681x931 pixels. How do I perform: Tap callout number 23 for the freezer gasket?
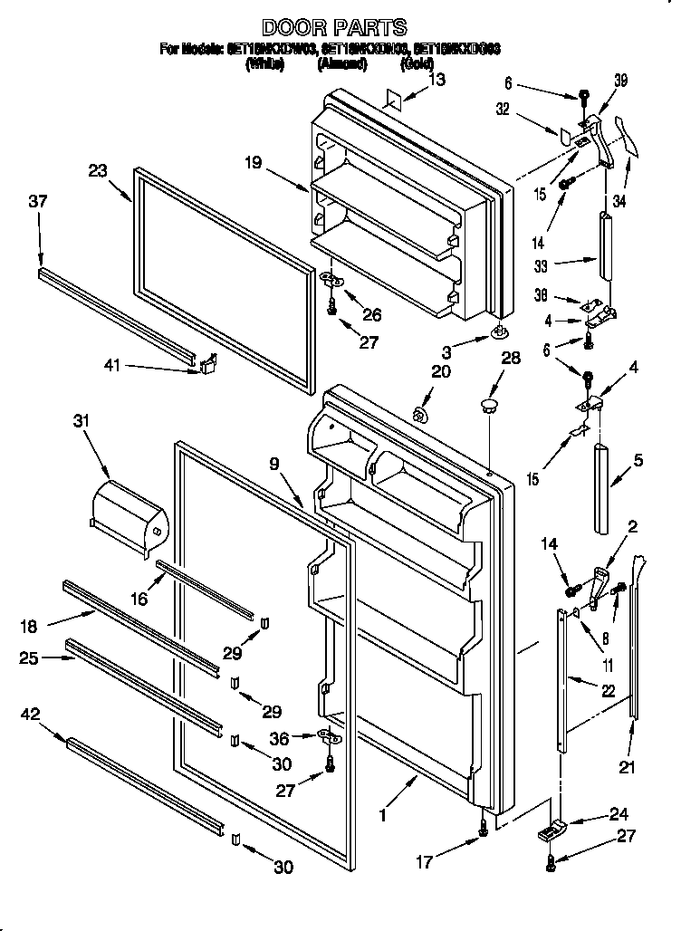pos(98,169)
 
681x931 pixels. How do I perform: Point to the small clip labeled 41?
pos(207,363)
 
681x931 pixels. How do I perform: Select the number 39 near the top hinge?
pos(619,82)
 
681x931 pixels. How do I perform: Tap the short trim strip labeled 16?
pos(205,588)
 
